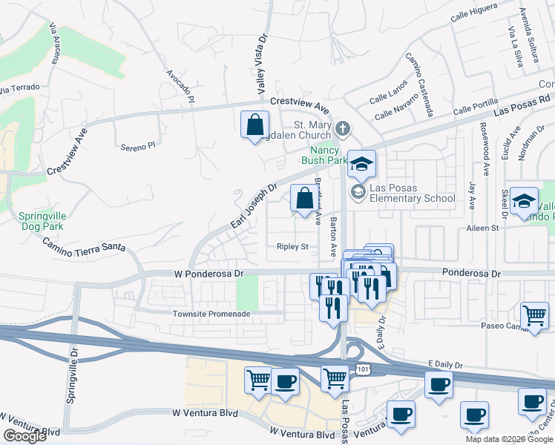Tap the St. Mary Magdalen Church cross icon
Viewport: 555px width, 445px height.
coord(342,129)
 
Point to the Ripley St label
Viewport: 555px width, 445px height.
coord(292,246)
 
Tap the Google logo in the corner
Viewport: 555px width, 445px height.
coord(24,436)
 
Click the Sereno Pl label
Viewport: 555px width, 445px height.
coord(139,147)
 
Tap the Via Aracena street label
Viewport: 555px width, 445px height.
coord(53,44)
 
